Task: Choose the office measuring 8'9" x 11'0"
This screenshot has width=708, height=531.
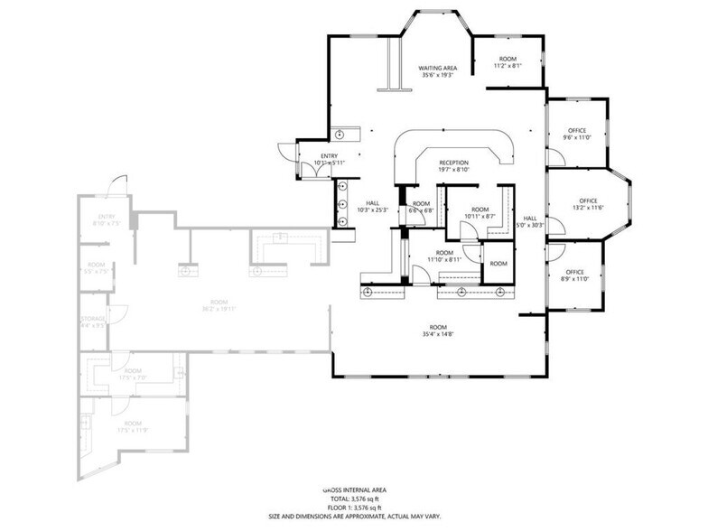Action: (x=575, y=275)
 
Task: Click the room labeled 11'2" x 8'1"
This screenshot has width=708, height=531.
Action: (x=507, y=62)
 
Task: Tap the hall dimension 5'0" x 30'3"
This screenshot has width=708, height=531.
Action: (x=530, y=222)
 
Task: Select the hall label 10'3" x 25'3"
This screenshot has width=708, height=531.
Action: (x=372, y=207)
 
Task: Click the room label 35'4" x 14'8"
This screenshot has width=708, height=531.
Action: (x=439, y=331)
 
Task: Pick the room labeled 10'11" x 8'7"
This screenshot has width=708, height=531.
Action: (x=480, y=213)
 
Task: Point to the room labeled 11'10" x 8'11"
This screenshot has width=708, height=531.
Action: (x=445, y=256)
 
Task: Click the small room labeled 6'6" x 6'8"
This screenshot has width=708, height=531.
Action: (x=422, y=207)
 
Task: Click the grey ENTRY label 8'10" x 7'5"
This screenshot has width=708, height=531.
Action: (x=107, y=220)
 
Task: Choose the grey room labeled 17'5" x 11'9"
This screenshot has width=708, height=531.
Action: (x=132, y=426)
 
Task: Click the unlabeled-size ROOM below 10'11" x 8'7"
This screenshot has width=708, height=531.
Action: (x=498, y=263)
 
